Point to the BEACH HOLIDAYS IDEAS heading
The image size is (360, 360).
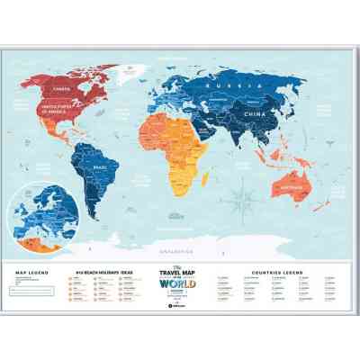(x=95, y=271)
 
